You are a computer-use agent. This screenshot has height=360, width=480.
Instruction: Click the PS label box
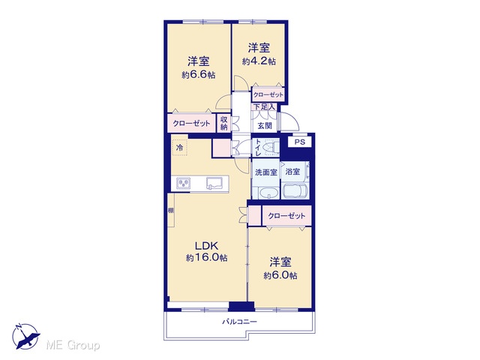pos(300,142)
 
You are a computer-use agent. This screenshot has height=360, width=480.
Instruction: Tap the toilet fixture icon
pos(271,147)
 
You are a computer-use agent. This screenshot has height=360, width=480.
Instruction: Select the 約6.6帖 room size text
pos(198,75)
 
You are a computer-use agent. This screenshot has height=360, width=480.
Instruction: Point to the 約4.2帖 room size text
pos(259,61)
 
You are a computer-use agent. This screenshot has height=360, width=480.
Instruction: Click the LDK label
pos(207,245)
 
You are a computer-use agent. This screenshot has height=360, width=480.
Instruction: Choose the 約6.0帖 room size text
pos(280,275)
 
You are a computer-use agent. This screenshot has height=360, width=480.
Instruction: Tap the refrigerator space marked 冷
pos(179,148)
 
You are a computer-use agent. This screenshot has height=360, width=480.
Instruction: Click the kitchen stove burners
pos(184,183)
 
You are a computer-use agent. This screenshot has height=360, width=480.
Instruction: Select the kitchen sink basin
pos(215,183)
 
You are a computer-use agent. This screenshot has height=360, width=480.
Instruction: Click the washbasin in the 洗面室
pos(268,193)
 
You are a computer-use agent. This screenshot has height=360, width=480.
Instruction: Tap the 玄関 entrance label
pos(265,125)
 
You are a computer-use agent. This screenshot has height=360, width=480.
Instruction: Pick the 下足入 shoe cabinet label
pos(265,106)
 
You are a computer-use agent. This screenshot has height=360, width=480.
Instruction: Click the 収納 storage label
pos(224,123)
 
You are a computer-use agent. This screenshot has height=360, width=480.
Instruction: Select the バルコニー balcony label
pos(240,322)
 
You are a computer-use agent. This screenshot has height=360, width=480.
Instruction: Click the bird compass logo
pos(25,336)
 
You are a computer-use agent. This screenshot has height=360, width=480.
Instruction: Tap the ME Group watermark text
pos(73,345)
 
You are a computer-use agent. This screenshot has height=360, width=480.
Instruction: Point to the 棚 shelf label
pos(171,210)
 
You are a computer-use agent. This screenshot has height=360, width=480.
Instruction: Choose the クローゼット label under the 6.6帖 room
pos(192,123)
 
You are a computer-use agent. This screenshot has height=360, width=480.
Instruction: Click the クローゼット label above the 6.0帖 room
pos(286,216)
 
